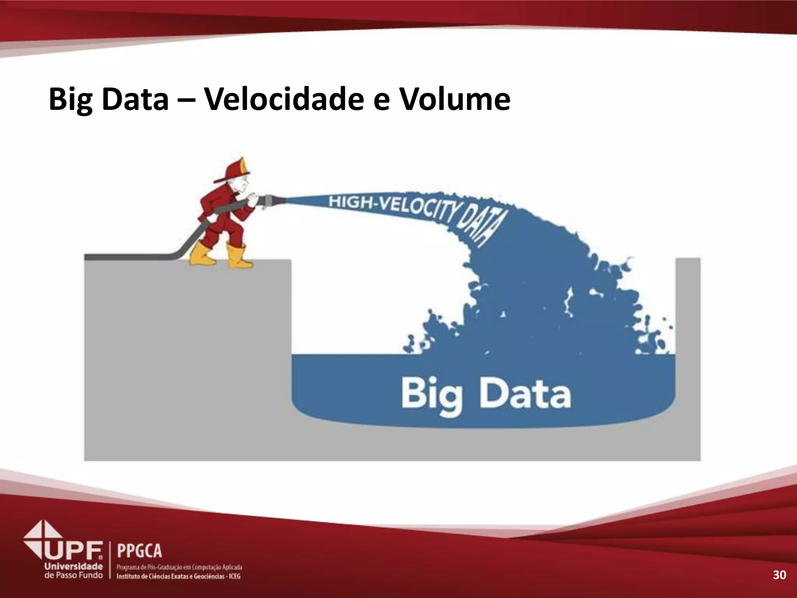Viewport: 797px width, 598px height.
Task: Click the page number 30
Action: click(x=779, y=575)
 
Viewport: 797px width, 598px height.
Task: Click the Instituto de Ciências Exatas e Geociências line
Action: click(x=179, y=576)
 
